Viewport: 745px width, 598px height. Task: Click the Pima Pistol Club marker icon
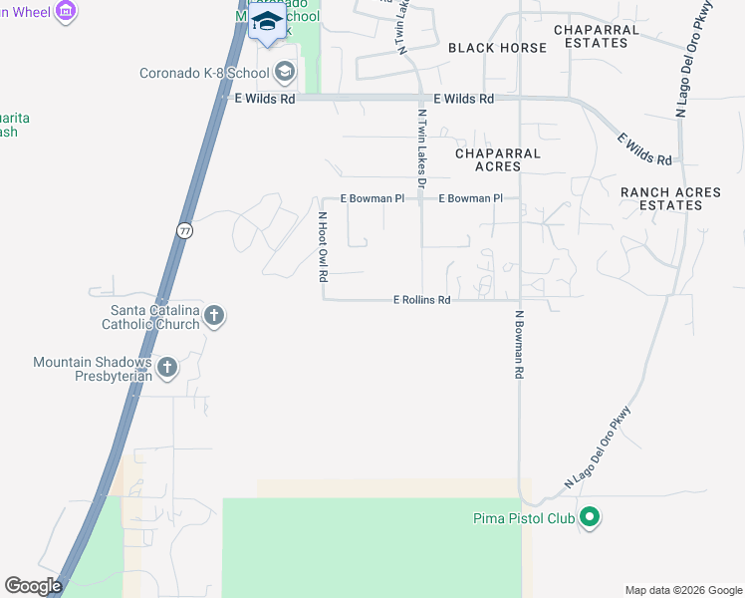coord(590,517)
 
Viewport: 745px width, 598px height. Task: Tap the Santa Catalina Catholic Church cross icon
coord(214,317)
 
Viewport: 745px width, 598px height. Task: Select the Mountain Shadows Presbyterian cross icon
coord(167,368)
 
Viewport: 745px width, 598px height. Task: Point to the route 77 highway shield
coord(184,230)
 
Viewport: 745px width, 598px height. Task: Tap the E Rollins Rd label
coord(422,299)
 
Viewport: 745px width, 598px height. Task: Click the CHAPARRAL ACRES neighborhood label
coord(498,160)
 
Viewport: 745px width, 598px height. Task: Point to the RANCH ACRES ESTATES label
coord(661,198)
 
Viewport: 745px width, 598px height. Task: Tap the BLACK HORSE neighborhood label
coord(497,48)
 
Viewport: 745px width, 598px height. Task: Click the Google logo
coord(34,586)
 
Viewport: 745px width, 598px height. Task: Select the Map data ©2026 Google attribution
coord(682,590)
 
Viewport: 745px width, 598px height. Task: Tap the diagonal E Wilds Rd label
coord(645,149)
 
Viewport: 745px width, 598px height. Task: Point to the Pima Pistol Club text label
coord(523,518)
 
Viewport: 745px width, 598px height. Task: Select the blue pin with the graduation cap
coord(266,23)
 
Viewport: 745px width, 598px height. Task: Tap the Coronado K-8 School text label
coord(204,72)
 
